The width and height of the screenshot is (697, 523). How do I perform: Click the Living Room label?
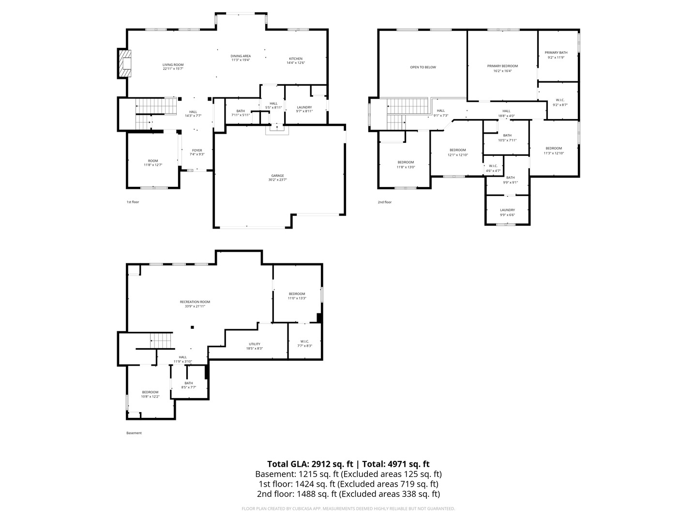pyautogui.click(x=173, y=65)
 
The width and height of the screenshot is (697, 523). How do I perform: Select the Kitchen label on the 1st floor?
pyautogui.click(x=296, y=59)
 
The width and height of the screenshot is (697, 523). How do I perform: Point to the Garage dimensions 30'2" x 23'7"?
pyautogui.click(x=277, y=180)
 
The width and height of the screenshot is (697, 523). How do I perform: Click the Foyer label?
pyautogui.click(x=197, y=151)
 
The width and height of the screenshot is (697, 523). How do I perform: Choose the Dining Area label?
pyautogui.click(x=241, y=56)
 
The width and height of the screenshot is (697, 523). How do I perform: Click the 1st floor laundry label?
pyautogui.click(x=304, y=108)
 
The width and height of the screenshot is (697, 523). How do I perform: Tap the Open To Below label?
pyautogui.click(x=423, y=67)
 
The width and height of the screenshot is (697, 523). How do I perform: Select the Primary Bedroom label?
pyautogui.click(x=502, y=66)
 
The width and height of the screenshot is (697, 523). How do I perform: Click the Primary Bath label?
pyautogui.click(x=556, y=53)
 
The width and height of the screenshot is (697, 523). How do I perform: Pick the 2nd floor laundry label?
pyautogui.click(x=507, y=210)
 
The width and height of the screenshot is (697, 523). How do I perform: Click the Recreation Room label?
pyautogui.click(x=195, y=302)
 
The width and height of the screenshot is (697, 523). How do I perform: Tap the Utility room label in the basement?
pyautogui.click(x=255, y=344)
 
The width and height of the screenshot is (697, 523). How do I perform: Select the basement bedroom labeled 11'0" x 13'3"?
pyautogui.click(x=297, y=294)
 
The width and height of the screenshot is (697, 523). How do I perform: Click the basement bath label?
pyautogui.click(x=188, y=383)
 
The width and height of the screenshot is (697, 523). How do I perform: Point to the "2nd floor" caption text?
pyautogui.click(x=385, y=202)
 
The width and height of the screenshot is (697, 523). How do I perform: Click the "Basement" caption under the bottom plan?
pyautogui.click(x=134, y=433)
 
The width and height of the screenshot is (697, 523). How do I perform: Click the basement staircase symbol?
pyautogui.click(x=161, y=341)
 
